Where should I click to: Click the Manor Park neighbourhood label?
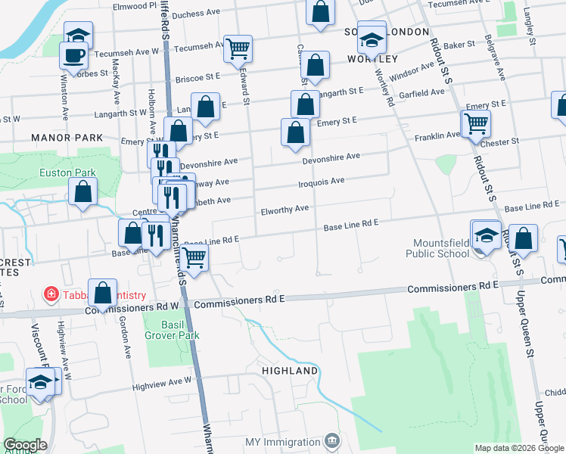click(x=67, y=138)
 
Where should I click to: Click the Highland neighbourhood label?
click(x=290, y=372)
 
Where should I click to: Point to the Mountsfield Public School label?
click(x=441, y=248)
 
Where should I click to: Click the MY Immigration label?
click(x=283, y=442)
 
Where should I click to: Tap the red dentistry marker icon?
click(x=51, y=294)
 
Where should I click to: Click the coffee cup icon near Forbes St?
click(x=73, y=55)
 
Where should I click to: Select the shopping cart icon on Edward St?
click(x=238, y=48)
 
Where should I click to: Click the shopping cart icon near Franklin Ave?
click(x=476, y=122)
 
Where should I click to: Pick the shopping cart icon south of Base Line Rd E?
click(x=194, y=258)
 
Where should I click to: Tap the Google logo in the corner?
click(x=25, y=445)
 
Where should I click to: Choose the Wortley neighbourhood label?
click(x=372, y=59)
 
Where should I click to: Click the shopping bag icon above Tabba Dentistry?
click(x=102, y=292)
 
